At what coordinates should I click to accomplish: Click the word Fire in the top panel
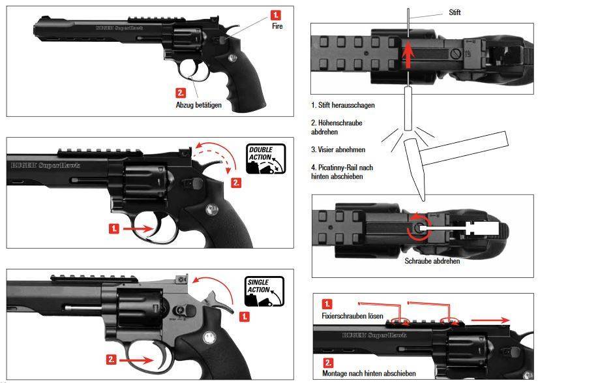[x=277, y=27]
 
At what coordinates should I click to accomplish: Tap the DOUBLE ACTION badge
[x=265, y=159]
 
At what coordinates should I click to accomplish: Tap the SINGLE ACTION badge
[x=265, y=292]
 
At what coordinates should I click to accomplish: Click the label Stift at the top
[x=455, y=12]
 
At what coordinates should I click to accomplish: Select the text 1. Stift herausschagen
[x=343, y=105]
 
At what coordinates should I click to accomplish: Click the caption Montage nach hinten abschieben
[x=369, y=373]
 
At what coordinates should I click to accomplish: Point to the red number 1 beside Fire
[x=277, y=14]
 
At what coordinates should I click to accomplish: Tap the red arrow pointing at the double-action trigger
[x=136, y=230]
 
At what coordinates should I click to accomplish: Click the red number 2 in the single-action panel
[x=112, y=359]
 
